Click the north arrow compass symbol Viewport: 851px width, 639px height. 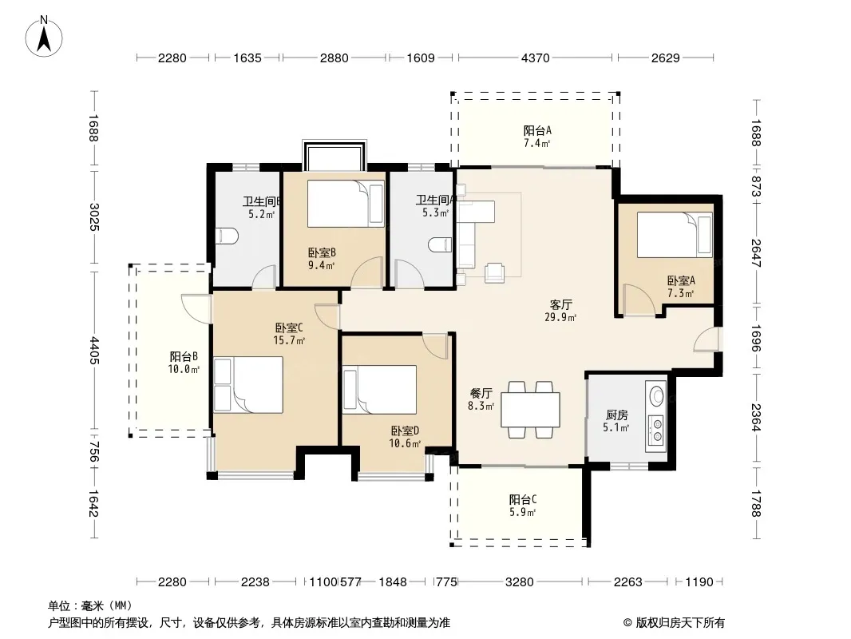click(x=44, y=36)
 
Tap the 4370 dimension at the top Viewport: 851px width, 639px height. click(x=535, y=58)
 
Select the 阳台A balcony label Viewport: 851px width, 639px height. click(x=537, y=130)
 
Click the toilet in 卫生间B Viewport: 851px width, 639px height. click(x=226, y=236)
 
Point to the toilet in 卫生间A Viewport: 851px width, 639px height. click(x=440, y=245)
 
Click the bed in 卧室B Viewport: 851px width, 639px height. click(x=346, y=204)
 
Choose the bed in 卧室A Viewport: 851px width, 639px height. click(x=675, y=235)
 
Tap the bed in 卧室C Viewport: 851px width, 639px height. click(x=248, y=385)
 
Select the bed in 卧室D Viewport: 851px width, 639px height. click(x=379, y=390)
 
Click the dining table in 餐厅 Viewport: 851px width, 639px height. click(x=530, y=409)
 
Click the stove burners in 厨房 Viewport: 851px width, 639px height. click(x=656, y=429)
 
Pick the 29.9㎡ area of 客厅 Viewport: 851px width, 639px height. click(x=560, y=318)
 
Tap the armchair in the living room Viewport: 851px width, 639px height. click(x=494, y=272)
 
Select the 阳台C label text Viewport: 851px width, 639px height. click(x=523, y=499)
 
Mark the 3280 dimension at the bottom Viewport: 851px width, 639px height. click(x=520, y=582)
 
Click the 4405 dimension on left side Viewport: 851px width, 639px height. click(x=94, y=351)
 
